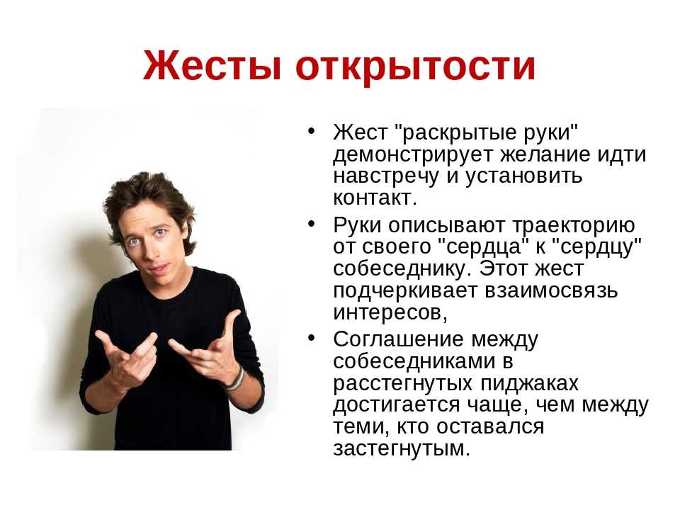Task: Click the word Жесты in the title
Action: (x=212, y=65)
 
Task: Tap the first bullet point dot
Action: (x=311, y=131)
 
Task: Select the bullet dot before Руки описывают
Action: (x=311, y=224)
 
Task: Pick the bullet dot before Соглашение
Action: (x=311, y=338)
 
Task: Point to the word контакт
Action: (x=375, y=198)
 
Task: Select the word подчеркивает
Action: (x=405, y=291)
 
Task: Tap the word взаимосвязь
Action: (x=551, y=290)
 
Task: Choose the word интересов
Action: (x=390, y=312)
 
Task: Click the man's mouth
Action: (x=159, y=269)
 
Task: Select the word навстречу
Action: (x=387, y=176)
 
